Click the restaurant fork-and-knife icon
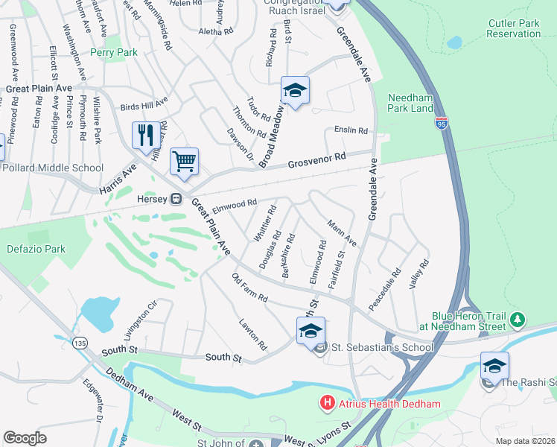click(x=143, y=135)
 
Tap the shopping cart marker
click(x=184, y=160)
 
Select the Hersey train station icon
click(x=176, y=199)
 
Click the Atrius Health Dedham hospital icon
click(x=326, y=404)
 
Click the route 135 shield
click(x=80, y=342)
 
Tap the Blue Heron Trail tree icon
click(x=517, y=320)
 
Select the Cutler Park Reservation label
click(x=513, y=28)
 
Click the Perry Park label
click(x=113, y=53)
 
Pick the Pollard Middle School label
click(x=52, y=168)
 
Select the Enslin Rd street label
click(x=351, y=130)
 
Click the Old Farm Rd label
click(x=249, y=288)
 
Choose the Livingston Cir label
click(x=144, y=314)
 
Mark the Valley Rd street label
click(x=421, y=273)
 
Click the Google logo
click(x=25, y=438)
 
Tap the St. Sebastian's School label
click(x=381, y=347)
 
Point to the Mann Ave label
click(x=342, y=233)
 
